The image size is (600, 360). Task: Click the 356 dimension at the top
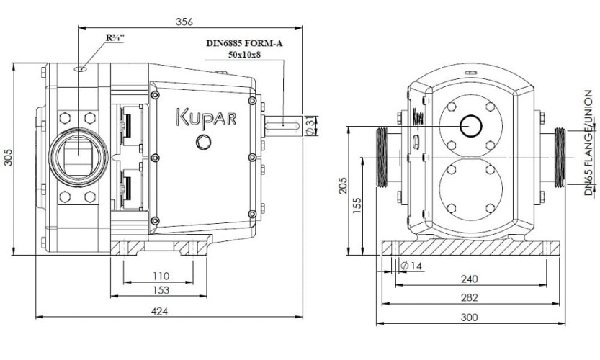click(185, 22)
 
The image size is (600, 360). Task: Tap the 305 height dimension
click(8, 158)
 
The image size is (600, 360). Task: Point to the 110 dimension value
click(161, 275)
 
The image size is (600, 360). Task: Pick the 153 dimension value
click(161, 290)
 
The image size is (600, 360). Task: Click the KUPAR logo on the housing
click(205, 117)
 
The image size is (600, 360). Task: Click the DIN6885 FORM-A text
click(244, 42)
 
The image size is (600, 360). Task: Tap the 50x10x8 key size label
click(245, 54)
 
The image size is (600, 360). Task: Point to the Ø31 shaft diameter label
click(310, 125)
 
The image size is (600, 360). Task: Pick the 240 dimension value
click(469, 279)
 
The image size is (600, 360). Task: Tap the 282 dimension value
click(469, 297)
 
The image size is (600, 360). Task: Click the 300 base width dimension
click(469, 317)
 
